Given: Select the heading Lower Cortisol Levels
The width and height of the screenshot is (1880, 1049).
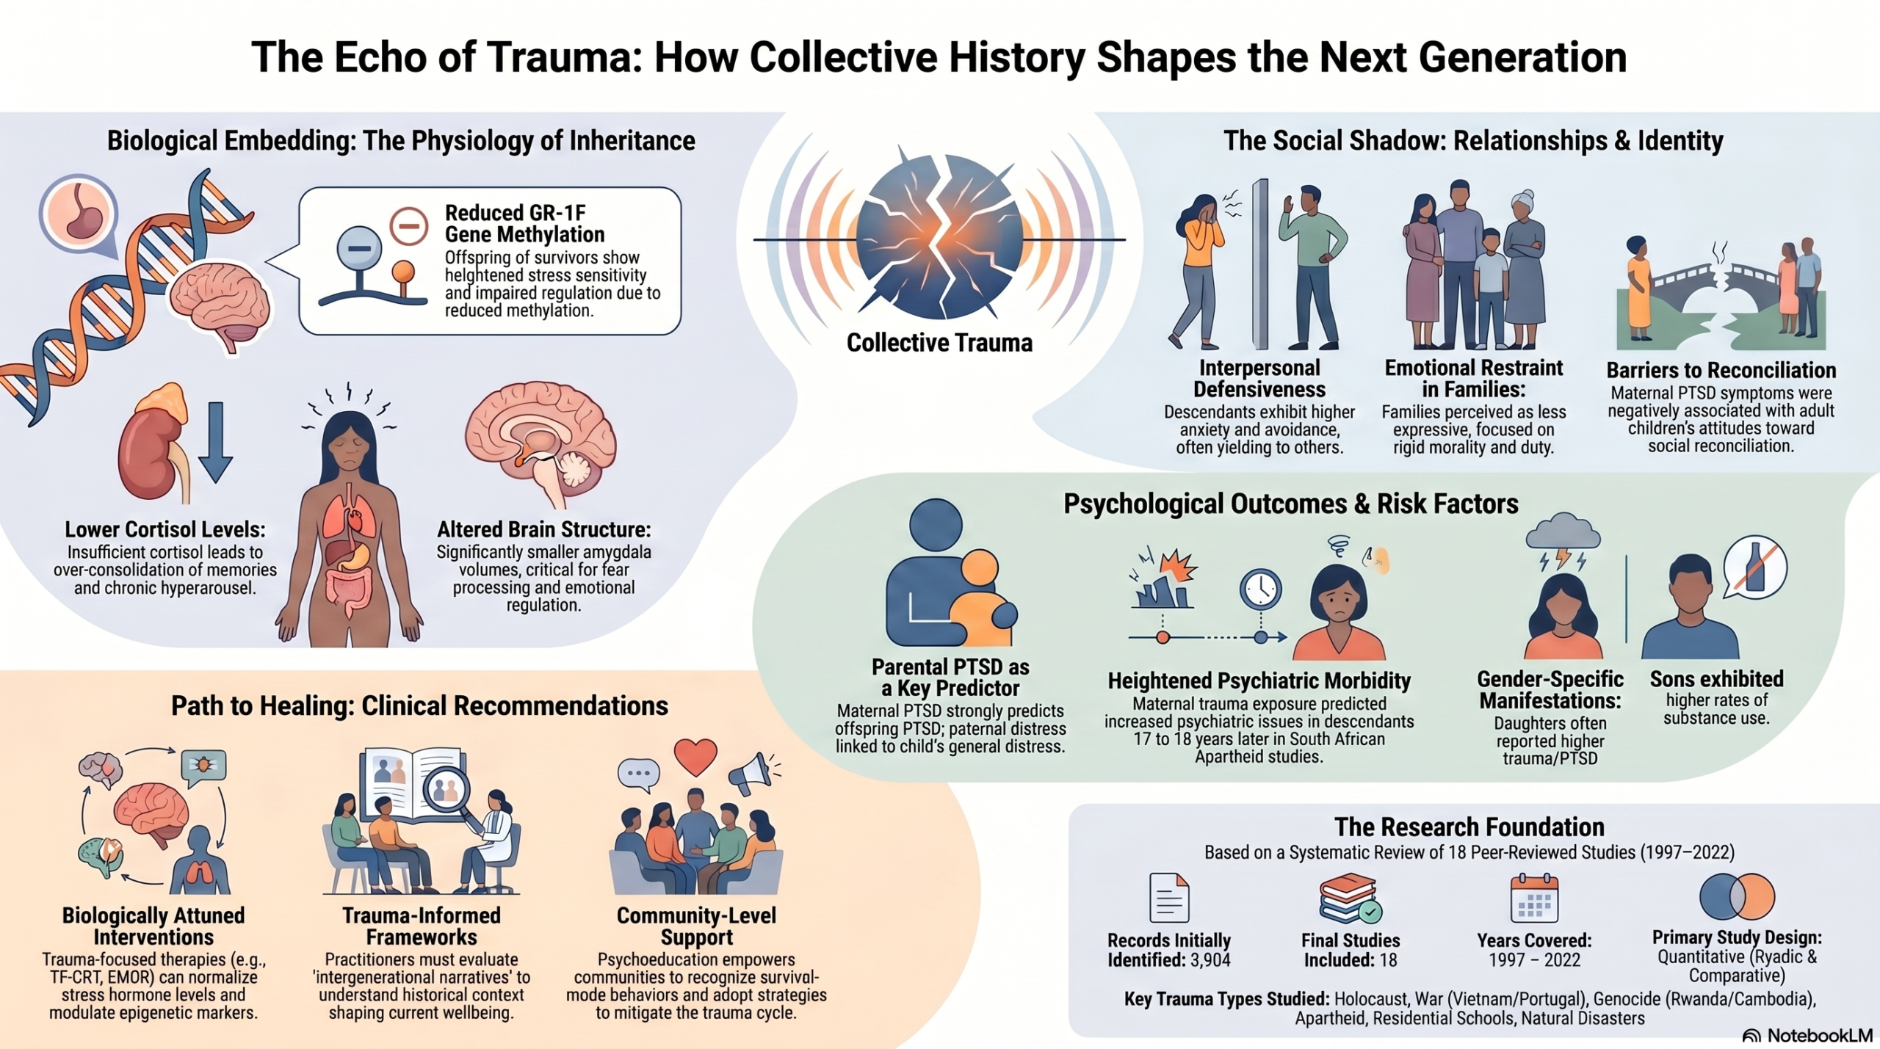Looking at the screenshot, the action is click(x=165, y=529).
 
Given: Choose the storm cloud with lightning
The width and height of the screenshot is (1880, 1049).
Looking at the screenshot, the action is click(x=1563, y=540).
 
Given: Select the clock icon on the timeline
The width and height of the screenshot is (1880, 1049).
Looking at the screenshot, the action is click(x=1261, y=589).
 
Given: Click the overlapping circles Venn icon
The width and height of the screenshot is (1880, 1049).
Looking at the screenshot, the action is click(x=1737, y=896).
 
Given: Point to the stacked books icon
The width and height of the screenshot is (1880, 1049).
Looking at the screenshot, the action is click(x=1350, y=899).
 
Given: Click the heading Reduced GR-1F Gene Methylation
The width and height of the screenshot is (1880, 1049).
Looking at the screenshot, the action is click(x=524, y=223).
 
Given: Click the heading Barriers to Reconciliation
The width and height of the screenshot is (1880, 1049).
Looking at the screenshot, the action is click(x=1721, y=370).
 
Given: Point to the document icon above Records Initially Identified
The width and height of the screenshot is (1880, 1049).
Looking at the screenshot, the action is click(x=1168, y=897).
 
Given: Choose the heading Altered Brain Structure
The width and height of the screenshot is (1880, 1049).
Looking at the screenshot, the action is click(x=543, y=529).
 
